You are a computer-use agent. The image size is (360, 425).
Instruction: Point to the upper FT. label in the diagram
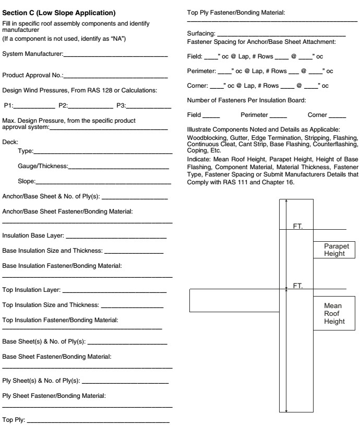tap(298, 227)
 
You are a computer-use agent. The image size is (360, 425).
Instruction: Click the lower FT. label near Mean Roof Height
tap(298, 286)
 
